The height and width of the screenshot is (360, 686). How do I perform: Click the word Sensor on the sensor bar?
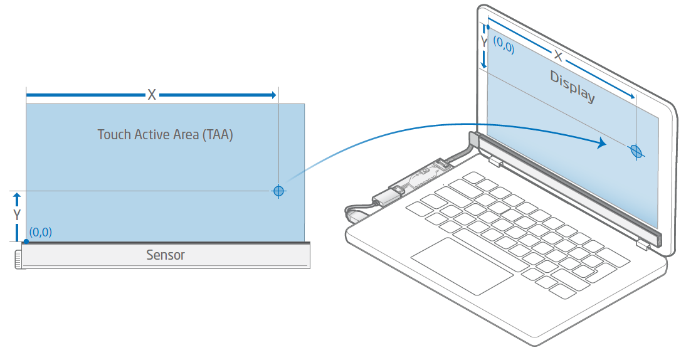pos(166,255)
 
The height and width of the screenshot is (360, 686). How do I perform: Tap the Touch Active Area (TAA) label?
pos(166,134)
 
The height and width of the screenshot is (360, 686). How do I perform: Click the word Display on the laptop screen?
pos(572,87)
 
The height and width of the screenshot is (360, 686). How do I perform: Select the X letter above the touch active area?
pos(152,95)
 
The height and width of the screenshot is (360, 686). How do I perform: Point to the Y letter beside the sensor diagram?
pos(17,215)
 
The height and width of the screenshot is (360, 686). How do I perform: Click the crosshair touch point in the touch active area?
pos(279,191)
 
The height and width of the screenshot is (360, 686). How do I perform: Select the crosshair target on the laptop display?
pos(636,151)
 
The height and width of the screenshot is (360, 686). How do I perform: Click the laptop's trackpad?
pos(462,266)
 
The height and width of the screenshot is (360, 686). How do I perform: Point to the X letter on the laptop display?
pos(557,56)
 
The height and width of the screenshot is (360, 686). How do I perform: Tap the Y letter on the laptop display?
pos(484,41)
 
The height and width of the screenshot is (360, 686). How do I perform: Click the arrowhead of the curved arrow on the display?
pos(603,144)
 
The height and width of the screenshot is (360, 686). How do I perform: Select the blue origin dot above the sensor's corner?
pos(26,241)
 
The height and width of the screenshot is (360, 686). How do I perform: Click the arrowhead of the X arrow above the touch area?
pos(272,95)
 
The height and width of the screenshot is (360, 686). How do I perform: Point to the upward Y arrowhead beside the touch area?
pos(17,196)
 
